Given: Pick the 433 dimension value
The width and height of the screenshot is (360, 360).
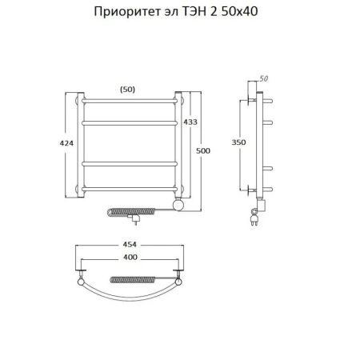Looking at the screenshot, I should click(x=190, y=122).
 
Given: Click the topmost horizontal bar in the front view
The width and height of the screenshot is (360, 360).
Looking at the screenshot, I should click(x=131, y=101).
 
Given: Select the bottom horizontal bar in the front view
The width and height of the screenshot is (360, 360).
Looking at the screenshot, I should click(x=131, y=188).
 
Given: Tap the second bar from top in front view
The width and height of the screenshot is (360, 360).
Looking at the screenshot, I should click(x=131, y=122).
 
